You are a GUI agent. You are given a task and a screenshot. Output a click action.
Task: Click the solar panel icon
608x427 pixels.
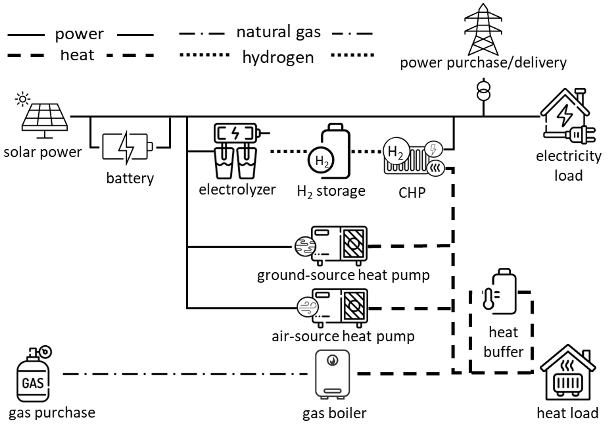(44, 118)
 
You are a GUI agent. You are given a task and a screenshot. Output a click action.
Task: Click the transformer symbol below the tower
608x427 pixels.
(483, 91)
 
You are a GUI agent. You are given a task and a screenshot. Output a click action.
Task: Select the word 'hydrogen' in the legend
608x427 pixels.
(278, 57)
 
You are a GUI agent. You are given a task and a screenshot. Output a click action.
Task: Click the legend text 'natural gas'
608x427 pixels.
(279, 32)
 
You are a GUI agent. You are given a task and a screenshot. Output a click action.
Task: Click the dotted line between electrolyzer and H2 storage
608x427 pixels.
(289, 151)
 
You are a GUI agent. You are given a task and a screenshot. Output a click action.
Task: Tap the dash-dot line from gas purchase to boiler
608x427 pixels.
(185, 374)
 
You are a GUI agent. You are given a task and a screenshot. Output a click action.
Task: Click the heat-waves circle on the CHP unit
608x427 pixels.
(435, 168)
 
